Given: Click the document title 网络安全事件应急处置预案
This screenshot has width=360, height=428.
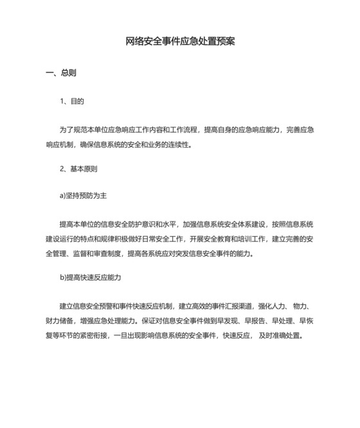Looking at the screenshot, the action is point(180,42).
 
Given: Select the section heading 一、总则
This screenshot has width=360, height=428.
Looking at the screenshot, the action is point(61,73).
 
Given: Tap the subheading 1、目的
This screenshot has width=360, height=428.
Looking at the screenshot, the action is point(72,102).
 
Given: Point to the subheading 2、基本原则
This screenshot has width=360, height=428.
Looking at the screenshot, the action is point(78,169).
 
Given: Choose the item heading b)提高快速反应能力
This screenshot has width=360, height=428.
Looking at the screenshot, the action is point(90,277).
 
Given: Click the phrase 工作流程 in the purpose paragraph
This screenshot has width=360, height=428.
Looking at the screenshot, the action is point(184,129).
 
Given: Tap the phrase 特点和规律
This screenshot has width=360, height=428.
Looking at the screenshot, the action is point(94,239).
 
